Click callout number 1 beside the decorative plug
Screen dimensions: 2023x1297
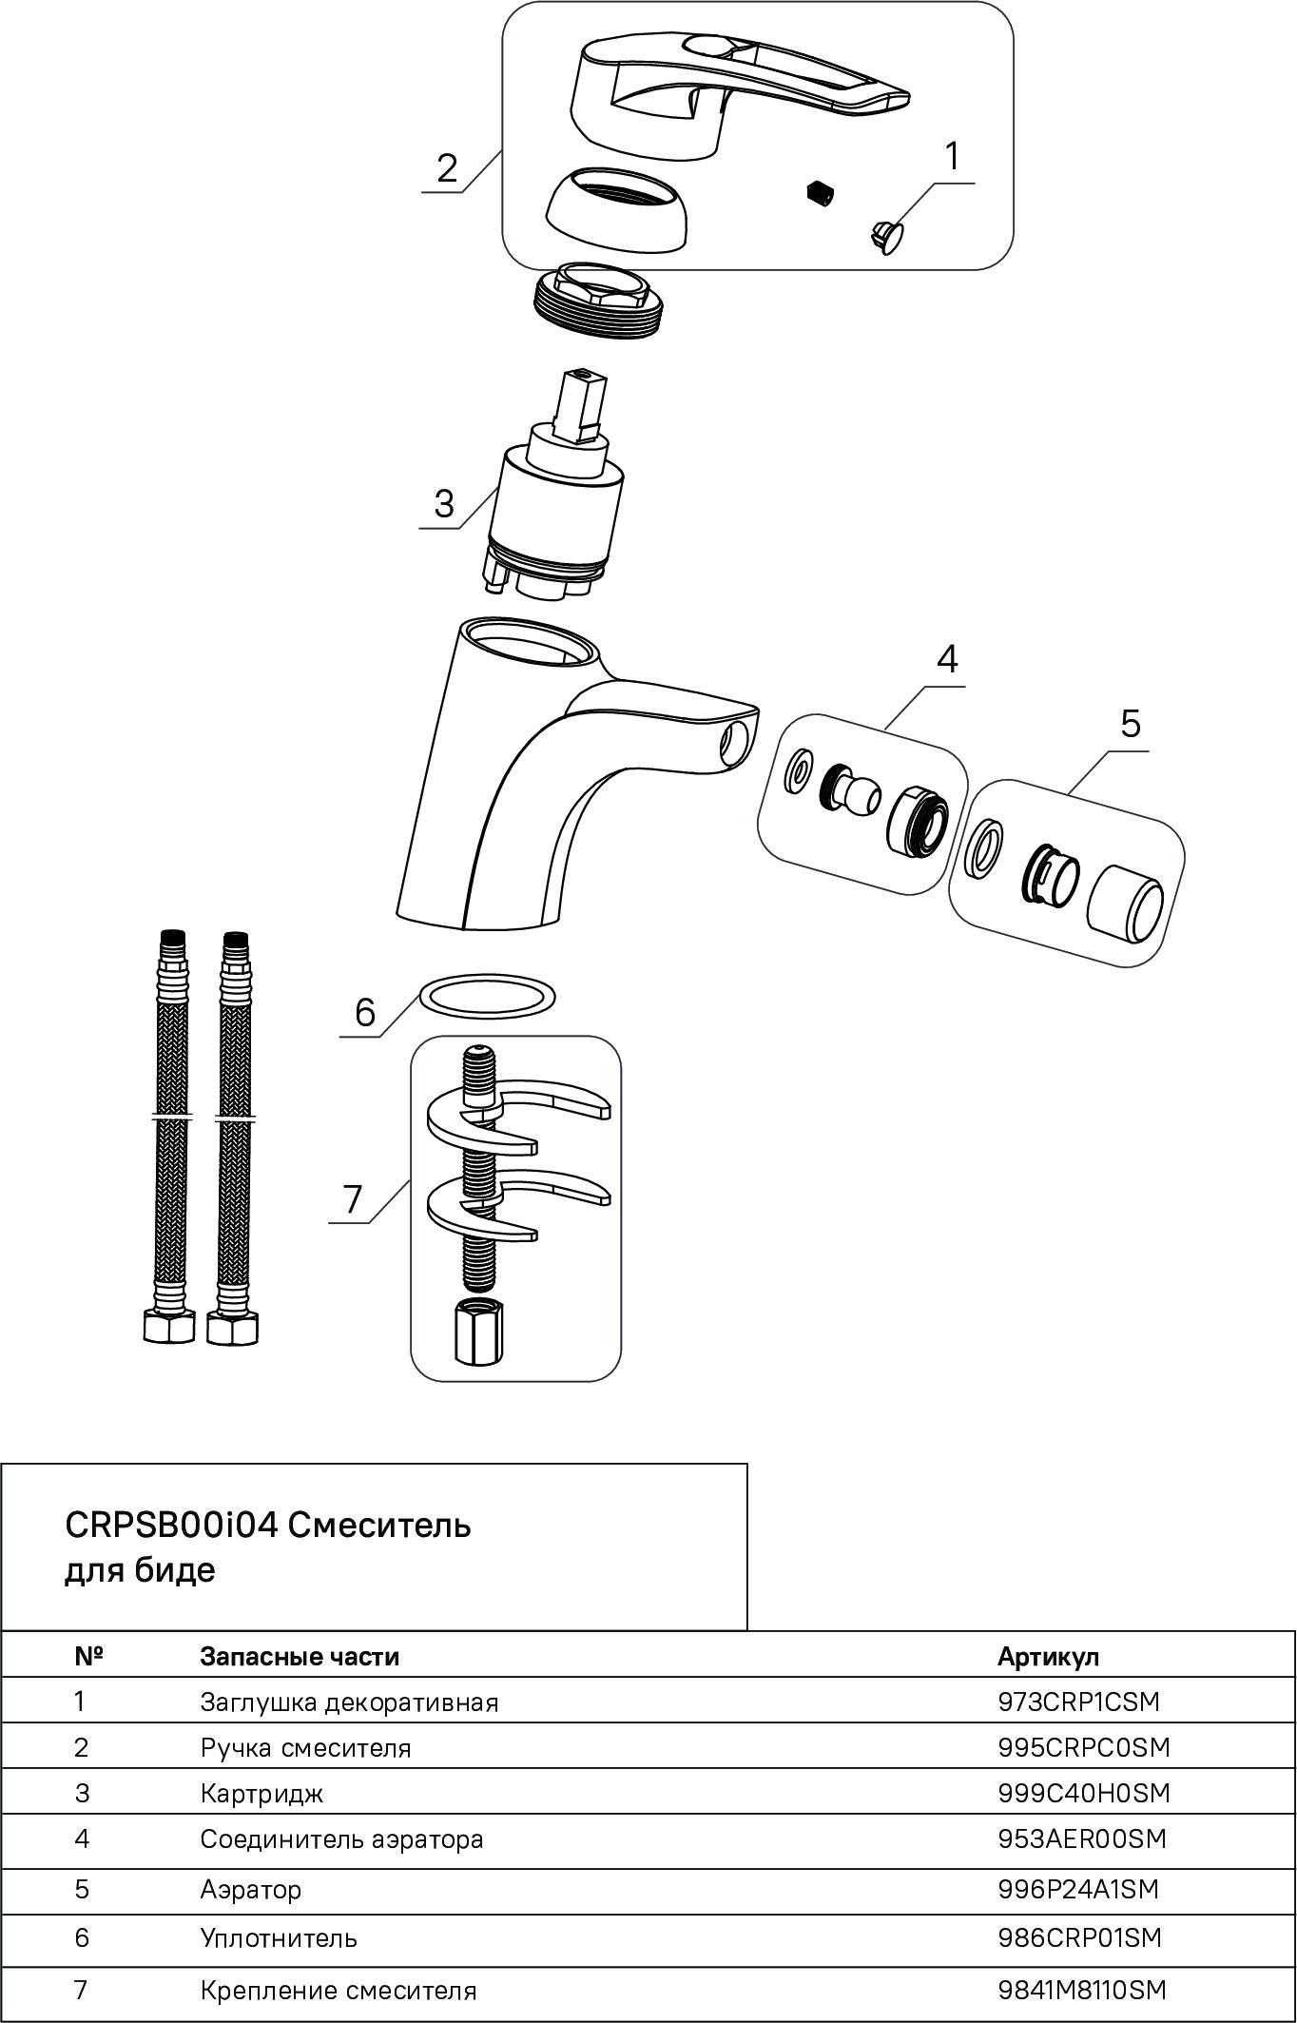952,157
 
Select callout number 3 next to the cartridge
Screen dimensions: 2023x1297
444,503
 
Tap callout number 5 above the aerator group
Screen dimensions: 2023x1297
1130,724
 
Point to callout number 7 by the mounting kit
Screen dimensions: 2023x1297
353,1199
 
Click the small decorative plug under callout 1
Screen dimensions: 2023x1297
886,234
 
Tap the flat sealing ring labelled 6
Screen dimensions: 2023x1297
488,996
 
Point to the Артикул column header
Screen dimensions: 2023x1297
1048,1656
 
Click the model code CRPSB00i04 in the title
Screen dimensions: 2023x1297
171,1526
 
